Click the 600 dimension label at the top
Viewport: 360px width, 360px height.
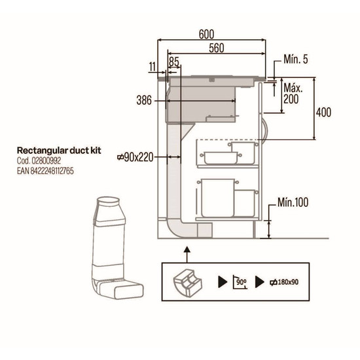(x=206, y=35)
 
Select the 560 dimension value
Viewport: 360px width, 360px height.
(x=217, y=48)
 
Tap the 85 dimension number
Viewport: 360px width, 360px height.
(x=174, y=62)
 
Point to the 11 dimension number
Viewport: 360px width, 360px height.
(x=153, y=67)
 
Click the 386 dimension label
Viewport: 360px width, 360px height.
(x=144, y=100)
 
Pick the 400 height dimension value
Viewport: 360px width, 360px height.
(x=323, y=113)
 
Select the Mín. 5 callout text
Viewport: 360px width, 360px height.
(x=296, y=59)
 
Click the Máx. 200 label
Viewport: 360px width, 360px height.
(x=293, y=94)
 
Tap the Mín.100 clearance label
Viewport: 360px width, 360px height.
(x=293, y=202)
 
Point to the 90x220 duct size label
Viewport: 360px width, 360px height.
(x=135, y=158)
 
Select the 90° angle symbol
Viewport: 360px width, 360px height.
(x=240, y=281)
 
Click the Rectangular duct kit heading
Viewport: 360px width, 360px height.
(x=59, y=151)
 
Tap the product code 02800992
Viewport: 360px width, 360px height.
(x=46, y=161)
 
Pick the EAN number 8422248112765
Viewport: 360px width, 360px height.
(x=52, y=171)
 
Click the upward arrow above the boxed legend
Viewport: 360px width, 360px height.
(x=187, y=255)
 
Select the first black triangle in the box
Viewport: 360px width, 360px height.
(x=223, y=282)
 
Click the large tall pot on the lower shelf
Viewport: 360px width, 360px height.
(x=218, y=198)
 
